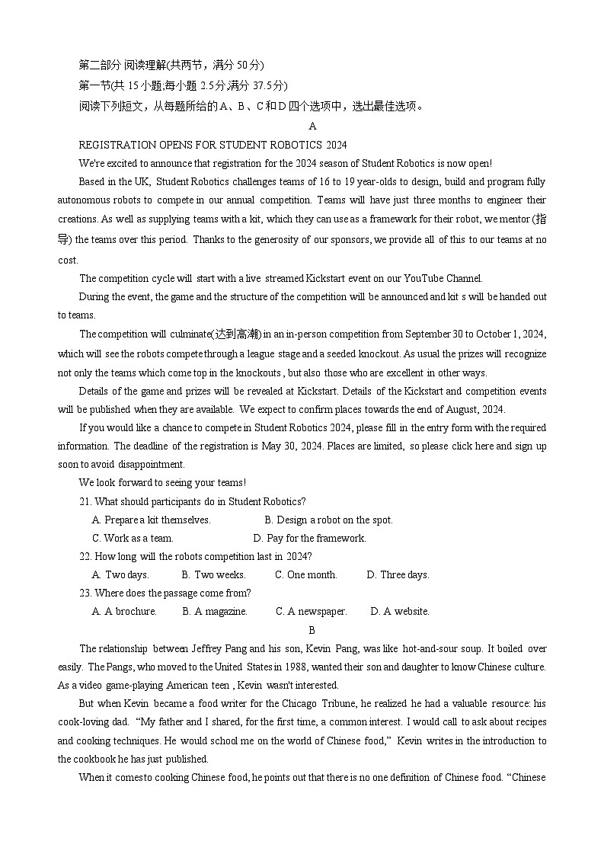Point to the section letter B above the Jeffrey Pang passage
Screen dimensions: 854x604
[x=312, y=630]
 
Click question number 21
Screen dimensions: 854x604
[x=85, y=501]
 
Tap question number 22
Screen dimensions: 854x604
[x=85, y=556]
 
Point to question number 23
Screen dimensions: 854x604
[x=85, y=593]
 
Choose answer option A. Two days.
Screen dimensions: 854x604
[x=120, y=574]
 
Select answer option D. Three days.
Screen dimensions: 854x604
[x=398, y=574]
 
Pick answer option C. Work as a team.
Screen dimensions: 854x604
[x=133, y=538]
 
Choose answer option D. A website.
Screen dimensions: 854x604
[x=400, y=611]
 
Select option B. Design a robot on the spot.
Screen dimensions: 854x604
[x=328, y=520]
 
